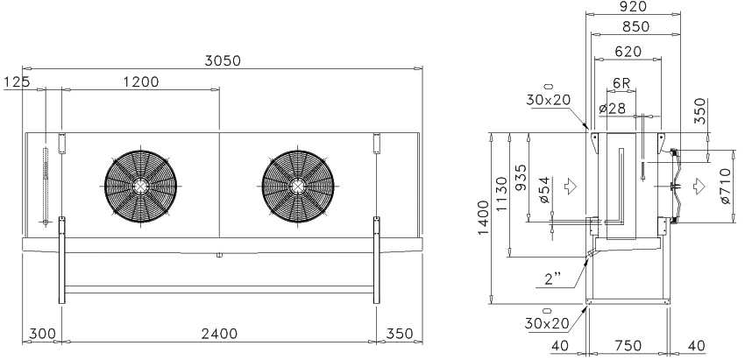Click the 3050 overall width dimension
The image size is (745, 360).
coord(223,60)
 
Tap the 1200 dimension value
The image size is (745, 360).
coord(141,82)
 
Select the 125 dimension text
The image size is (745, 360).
coord(17,82)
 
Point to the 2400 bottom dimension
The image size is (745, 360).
coord(219,334)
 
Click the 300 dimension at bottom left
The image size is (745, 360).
coord(42,334)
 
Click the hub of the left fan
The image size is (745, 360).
coord(140,187)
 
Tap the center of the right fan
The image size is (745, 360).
coord(298,187)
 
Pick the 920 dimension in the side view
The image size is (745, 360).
coord(634,7)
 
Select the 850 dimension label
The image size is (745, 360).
coord(635,27)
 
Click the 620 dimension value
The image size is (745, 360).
coord(628,52)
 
